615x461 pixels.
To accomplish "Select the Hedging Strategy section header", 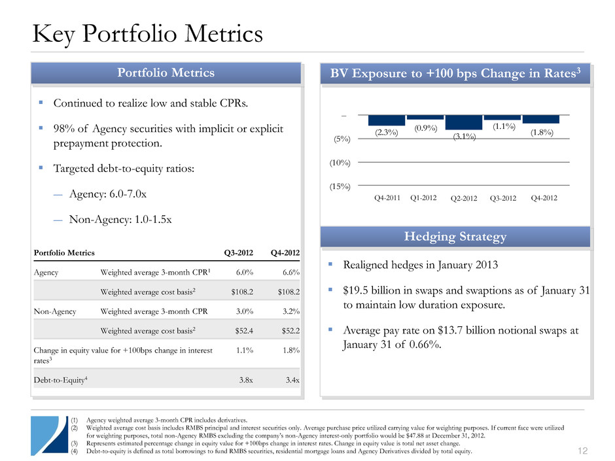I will tap(455, 237).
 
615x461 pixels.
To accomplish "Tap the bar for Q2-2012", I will tap(463, 122).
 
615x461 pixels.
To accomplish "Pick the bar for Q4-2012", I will tap(540, 119).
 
